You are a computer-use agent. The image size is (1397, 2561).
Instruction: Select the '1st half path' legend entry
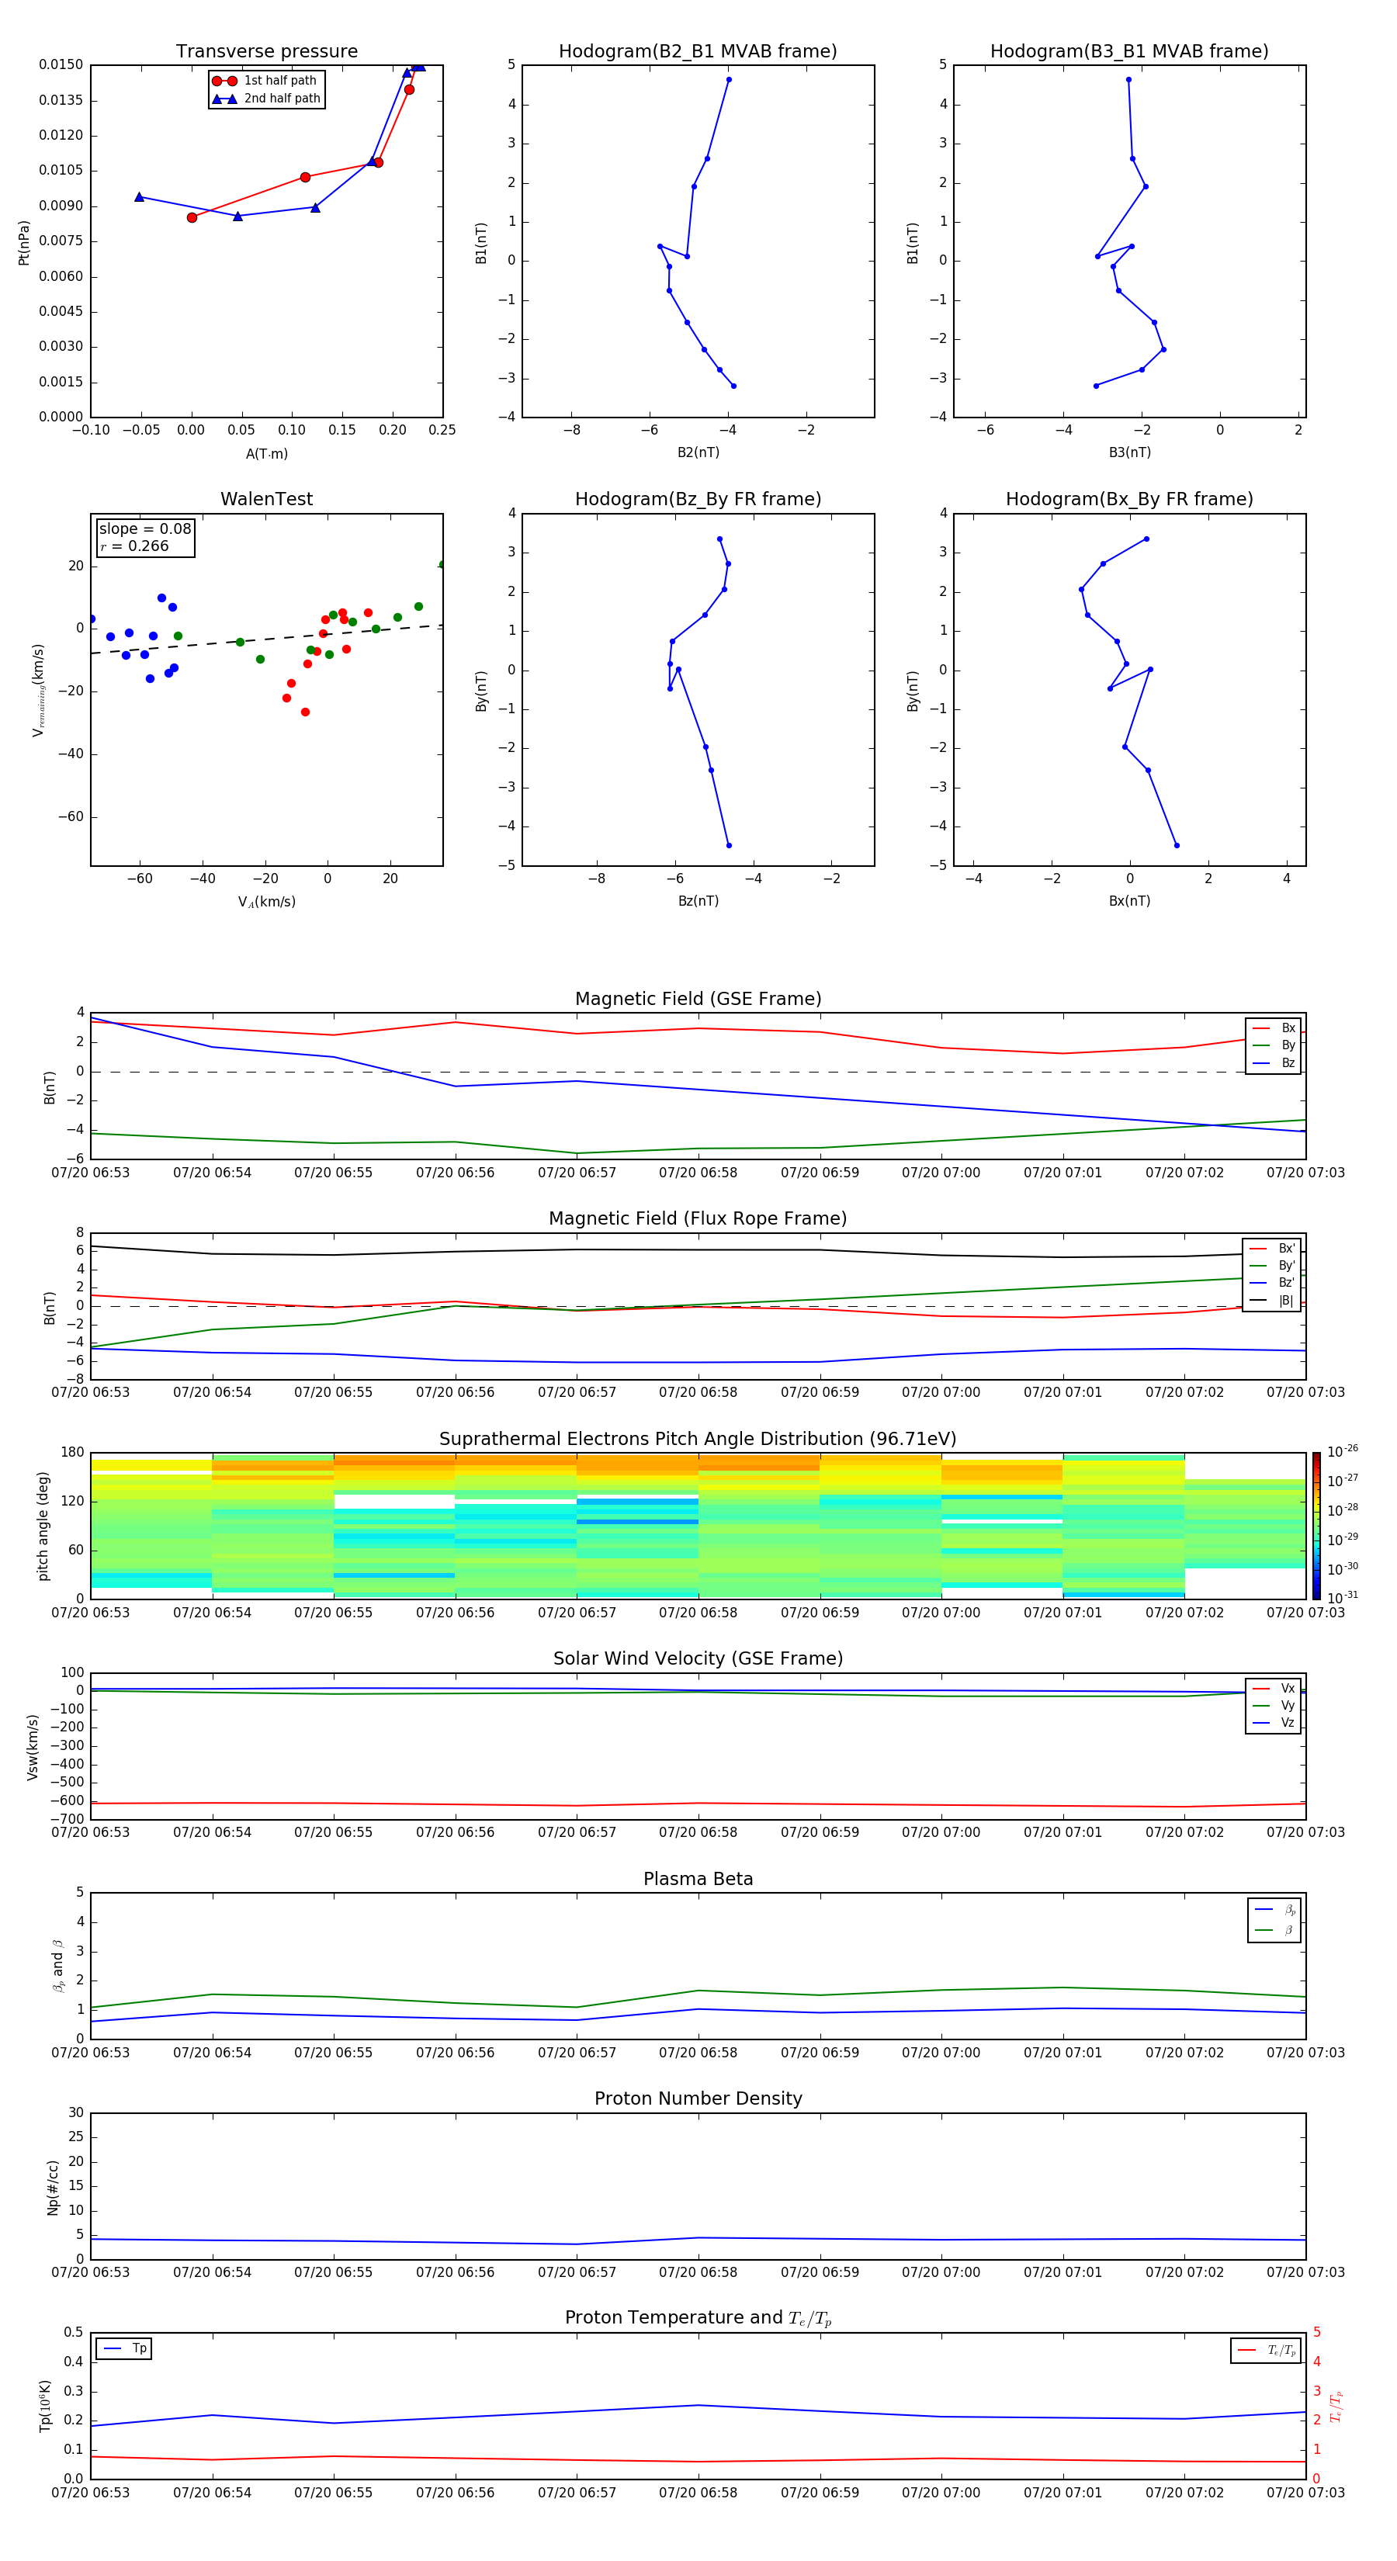click(x=279, y=81)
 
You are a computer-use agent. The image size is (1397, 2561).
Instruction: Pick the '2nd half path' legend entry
click(x=282, y=99)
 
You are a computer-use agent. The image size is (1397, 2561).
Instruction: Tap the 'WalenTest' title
click(x=266, y=499)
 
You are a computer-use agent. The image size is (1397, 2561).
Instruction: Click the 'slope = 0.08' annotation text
click(x=144, y=529)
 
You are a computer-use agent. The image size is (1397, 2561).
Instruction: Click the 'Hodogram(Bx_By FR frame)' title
click(x=1128, y=499)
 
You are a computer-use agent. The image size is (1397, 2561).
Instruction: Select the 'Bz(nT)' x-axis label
click(x=698, y=901)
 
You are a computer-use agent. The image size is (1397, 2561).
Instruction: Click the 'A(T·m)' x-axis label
click(x=266, y=453)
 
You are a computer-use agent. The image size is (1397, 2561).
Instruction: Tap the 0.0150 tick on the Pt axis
click(x=61, y=64)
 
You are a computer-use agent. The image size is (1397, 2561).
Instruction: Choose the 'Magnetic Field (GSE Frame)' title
click(x=698, y=999)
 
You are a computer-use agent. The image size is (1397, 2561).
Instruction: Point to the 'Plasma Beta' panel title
click(x=698, y=1879)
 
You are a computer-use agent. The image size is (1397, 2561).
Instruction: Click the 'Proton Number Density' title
click(x=698, y=2098)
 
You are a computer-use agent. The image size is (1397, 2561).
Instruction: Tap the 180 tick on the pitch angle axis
click(x=73, y=1453)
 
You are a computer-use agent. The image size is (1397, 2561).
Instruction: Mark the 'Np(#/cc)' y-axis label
click(x=54, y=2187)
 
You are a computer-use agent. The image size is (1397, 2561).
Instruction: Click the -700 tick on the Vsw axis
click(x=68, y=1819)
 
